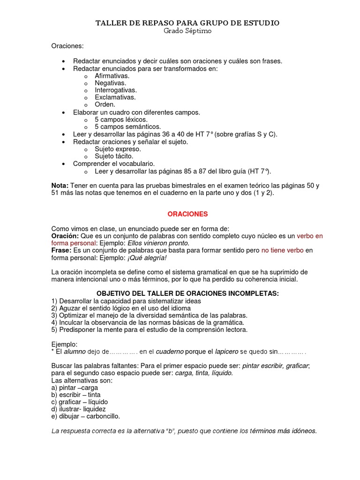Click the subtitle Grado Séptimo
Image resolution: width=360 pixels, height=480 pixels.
point(187,31)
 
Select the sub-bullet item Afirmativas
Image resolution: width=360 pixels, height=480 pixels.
point(112,75)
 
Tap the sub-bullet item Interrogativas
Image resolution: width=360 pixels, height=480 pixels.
point(116,90)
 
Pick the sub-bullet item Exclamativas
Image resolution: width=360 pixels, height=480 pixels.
point(115,97)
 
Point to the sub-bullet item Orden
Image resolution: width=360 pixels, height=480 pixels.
point(105,105)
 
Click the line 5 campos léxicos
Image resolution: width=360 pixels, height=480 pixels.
point(114,120)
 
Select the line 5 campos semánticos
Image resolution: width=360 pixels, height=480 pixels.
point(121,127)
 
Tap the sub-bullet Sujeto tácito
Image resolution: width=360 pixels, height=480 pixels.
point(114,156)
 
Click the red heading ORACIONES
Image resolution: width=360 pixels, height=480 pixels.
point(187,214)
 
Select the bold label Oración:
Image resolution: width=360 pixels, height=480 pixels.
point(65,236)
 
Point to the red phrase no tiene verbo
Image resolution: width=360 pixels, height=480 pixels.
point(282,251)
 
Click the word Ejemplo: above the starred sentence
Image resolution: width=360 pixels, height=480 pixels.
point(64,344)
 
